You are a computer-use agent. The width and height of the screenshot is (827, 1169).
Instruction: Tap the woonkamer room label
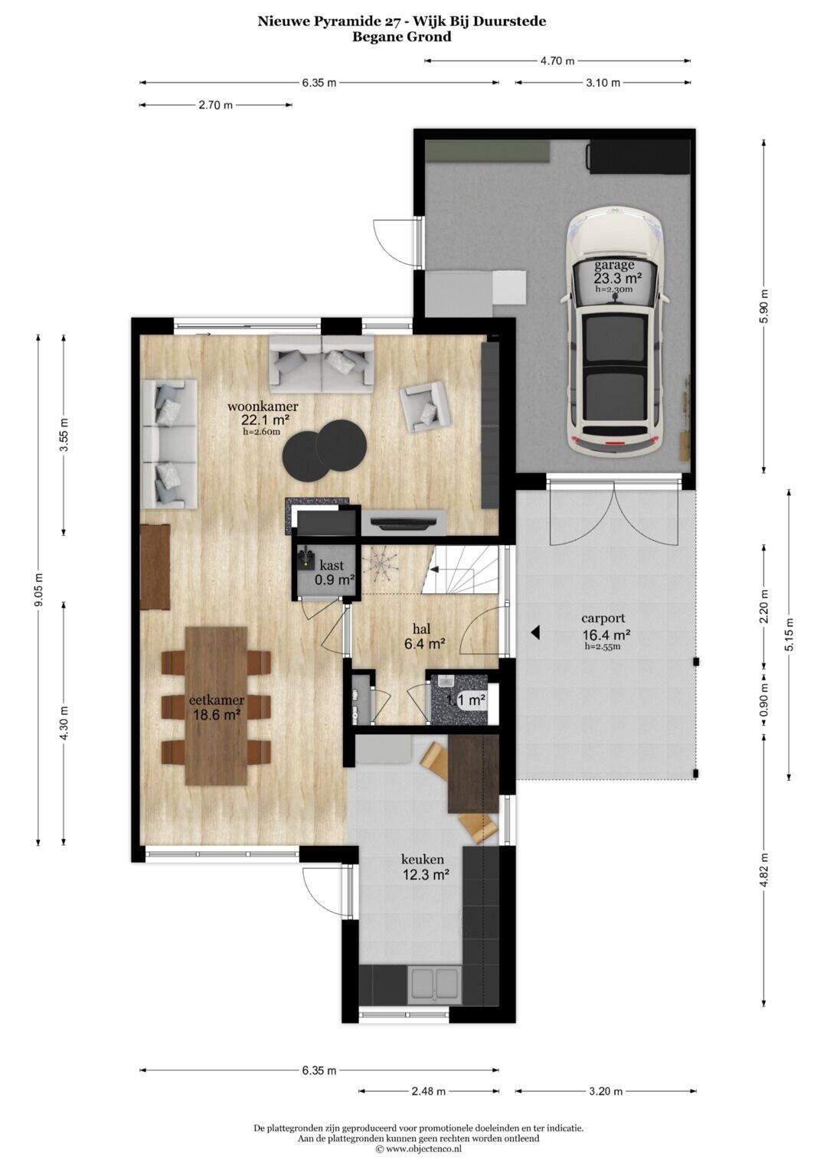coord(263,406)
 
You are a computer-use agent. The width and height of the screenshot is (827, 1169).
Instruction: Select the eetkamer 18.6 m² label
coord(217,707)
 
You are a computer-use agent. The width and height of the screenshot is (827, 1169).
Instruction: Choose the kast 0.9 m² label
coord(334,572)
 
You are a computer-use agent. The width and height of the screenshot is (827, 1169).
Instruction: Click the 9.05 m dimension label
coord(38,589)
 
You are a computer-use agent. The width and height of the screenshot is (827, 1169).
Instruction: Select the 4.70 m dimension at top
coord(557,61)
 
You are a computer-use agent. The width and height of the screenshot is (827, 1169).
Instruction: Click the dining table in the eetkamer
coord(216,706)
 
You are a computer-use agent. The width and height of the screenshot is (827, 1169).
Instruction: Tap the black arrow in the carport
coord(534,633)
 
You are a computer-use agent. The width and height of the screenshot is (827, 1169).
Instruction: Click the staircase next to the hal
coord(459,570)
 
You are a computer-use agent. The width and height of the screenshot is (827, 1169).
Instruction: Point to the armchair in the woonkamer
coord(424,407)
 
